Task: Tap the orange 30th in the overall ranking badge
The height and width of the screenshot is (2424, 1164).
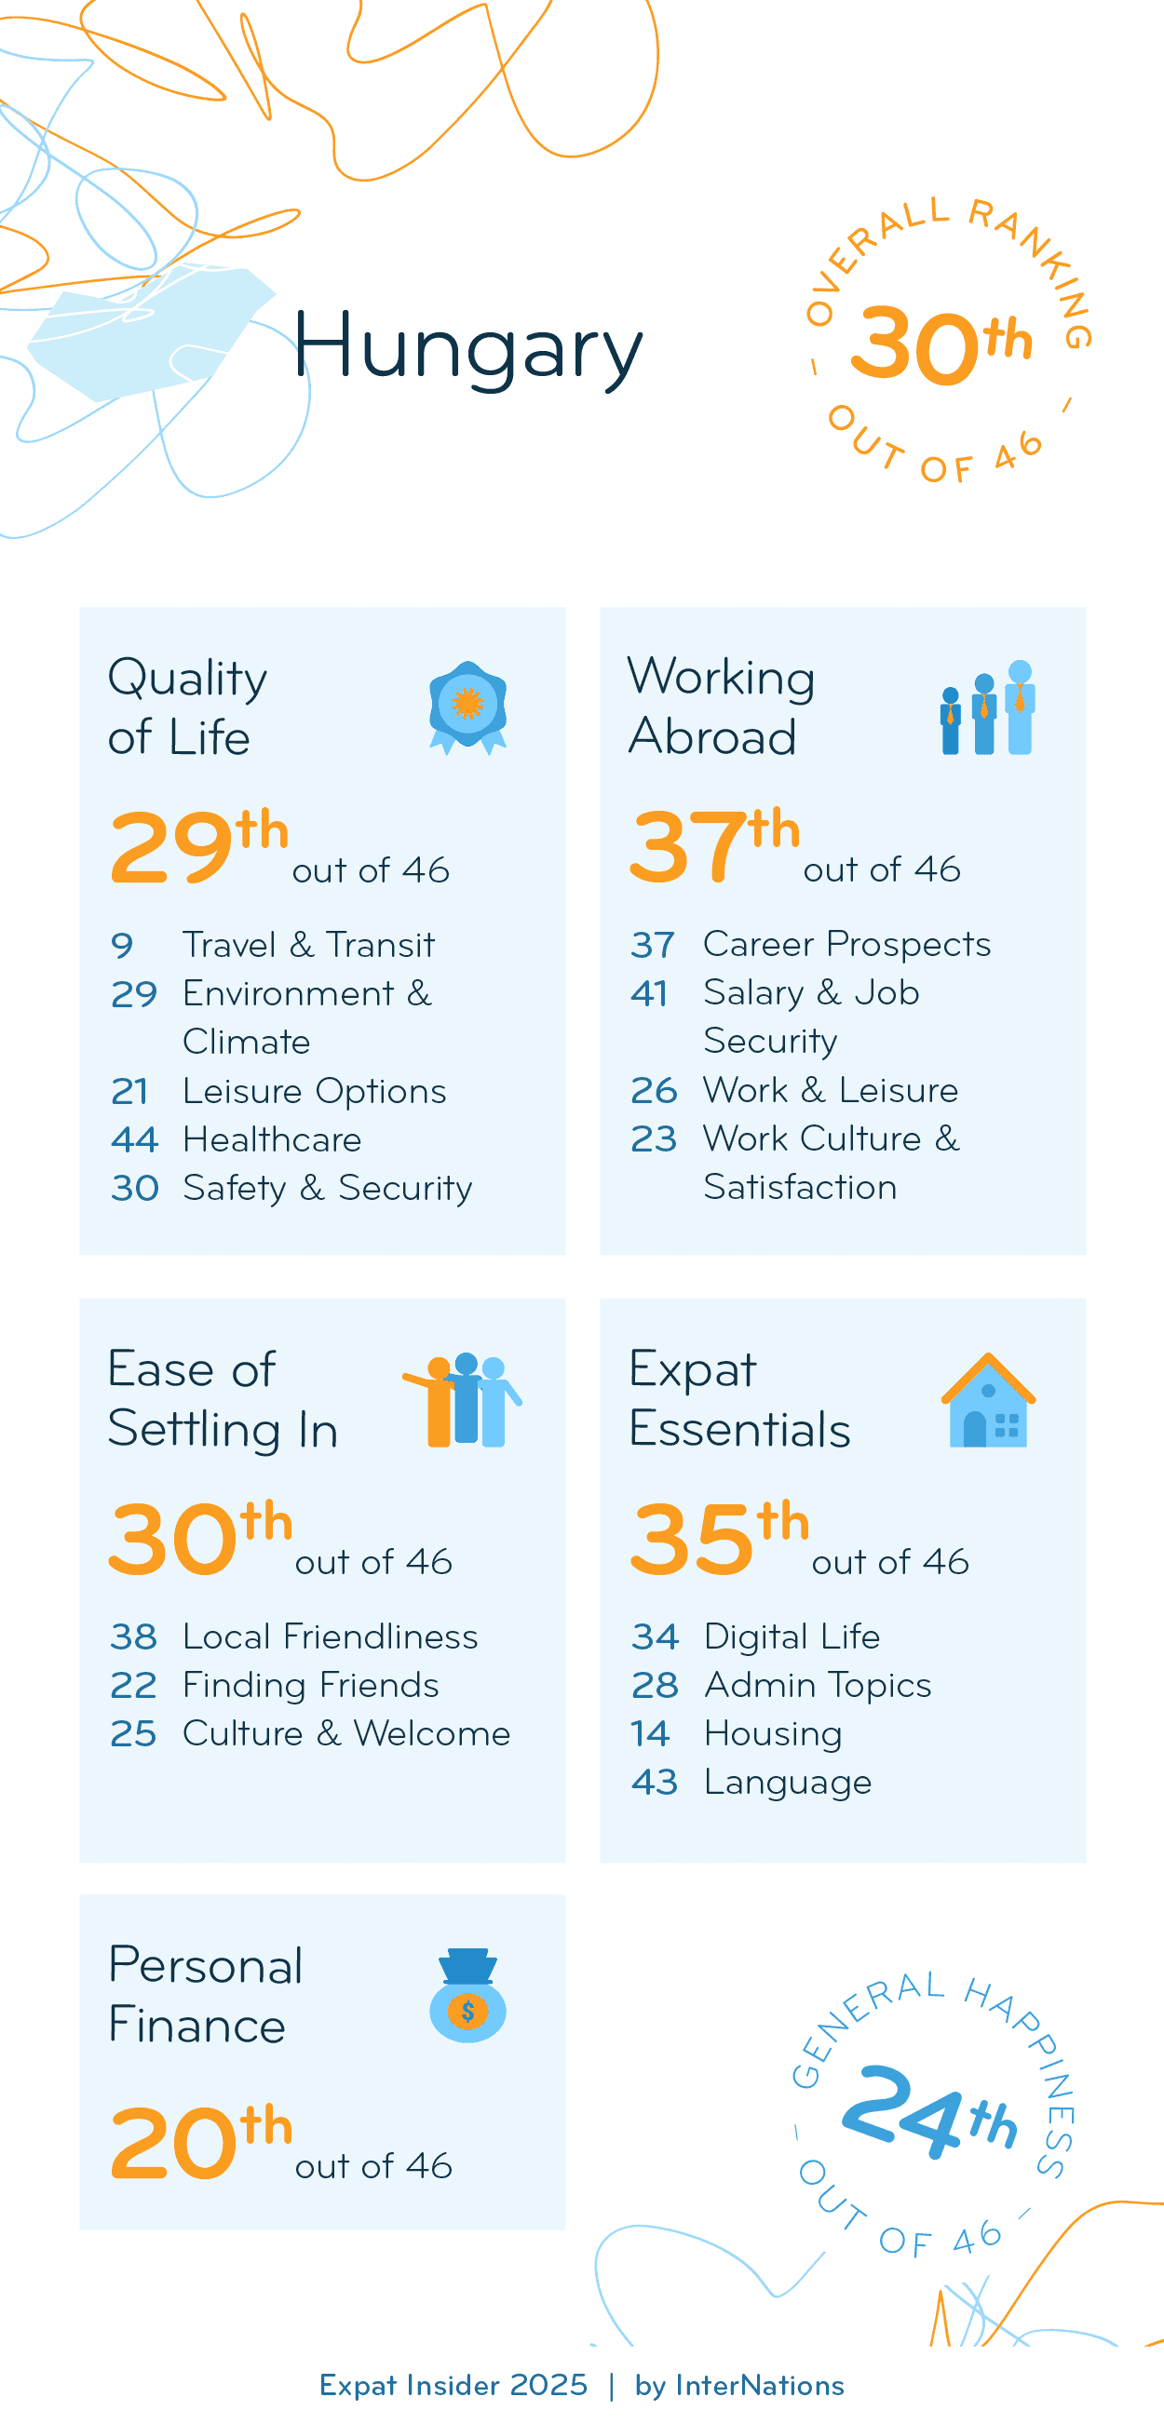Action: coord(940,345)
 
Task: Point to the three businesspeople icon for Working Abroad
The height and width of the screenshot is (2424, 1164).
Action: coord(987,707)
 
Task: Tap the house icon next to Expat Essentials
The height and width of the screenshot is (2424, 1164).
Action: coord(988,1400)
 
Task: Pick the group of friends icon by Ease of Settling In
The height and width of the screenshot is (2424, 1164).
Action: coord(463,1400)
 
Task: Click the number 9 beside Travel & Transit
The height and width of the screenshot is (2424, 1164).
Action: coord(122,946)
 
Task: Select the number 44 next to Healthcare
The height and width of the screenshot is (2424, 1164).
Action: coord(133,1140)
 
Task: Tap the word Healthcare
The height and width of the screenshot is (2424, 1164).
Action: coord(272,1140)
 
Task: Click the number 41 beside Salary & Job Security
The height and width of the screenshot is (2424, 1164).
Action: coord(649,993)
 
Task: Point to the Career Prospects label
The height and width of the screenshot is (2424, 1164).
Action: coord(846,944)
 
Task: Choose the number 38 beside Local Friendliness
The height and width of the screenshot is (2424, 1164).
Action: coord(133,1637)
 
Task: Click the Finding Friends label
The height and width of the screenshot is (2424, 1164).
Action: coord(310,1685)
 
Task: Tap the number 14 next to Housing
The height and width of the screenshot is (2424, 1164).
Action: coord(650,1734)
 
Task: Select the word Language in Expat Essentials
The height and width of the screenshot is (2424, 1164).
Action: coord(788,1784)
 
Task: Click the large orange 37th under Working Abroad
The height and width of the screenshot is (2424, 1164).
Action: coord(713,844)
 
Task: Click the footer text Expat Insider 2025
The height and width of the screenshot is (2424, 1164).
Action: coord(453,2386)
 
